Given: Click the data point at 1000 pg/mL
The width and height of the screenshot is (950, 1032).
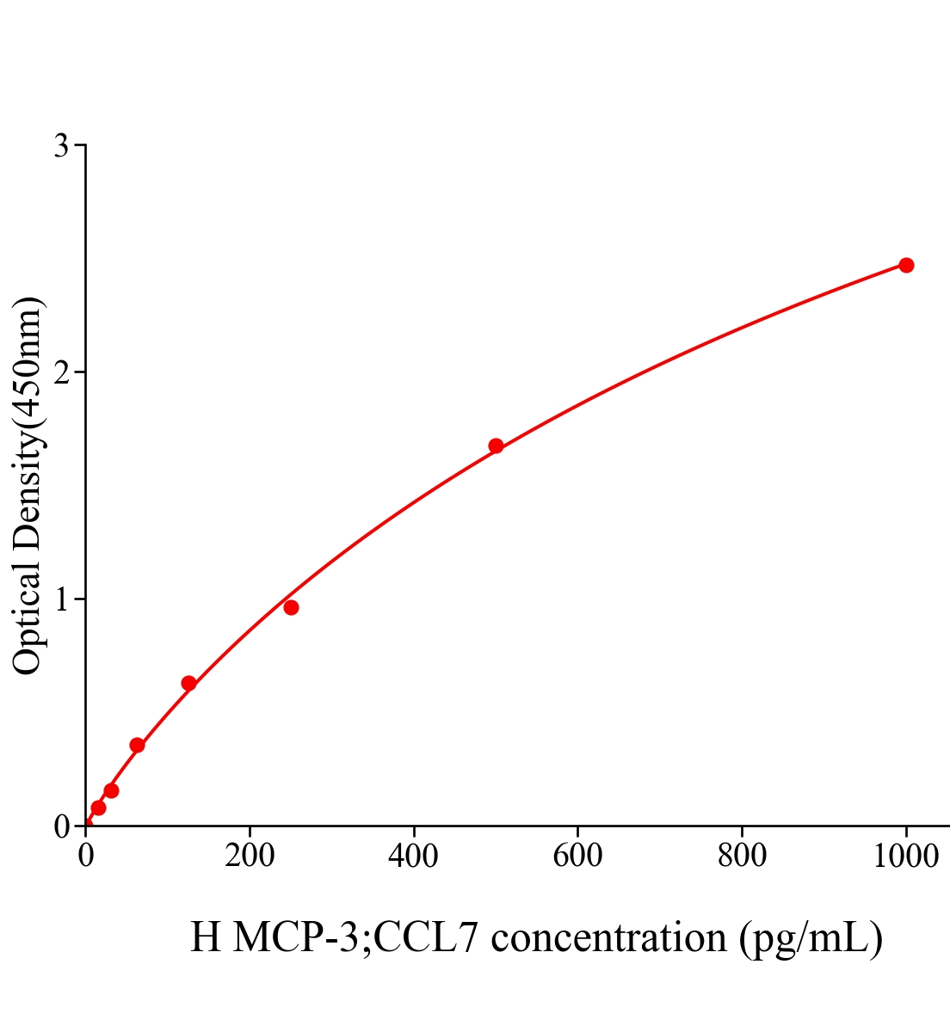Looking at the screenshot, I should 905,265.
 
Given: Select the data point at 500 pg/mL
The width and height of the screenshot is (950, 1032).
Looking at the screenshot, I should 496,445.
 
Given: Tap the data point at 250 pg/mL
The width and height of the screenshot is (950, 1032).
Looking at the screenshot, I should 291,607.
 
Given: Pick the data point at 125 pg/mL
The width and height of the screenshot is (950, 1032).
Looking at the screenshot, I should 188,683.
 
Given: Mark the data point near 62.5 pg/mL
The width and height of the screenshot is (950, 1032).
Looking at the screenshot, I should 137,745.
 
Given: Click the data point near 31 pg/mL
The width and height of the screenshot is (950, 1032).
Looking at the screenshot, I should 111,790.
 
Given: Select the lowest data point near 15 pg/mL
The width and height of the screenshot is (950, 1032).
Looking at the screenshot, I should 98,808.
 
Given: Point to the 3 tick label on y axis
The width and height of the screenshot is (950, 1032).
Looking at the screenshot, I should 61,146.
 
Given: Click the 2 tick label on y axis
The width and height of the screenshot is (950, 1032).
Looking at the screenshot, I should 61,372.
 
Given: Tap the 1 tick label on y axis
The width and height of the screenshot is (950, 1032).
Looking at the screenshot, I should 61,599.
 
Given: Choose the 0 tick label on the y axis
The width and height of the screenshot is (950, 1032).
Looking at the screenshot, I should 61,826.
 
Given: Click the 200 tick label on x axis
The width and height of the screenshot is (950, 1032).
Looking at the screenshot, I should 250,857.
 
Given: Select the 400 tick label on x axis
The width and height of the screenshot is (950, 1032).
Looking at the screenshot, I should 414,857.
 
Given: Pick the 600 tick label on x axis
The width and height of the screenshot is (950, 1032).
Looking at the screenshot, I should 577,857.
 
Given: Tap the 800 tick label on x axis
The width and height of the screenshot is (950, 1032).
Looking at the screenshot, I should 742,857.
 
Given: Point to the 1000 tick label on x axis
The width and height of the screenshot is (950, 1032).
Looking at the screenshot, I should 905,857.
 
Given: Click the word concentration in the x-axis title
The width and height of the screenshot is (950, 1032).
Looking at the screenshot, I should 608,937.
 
